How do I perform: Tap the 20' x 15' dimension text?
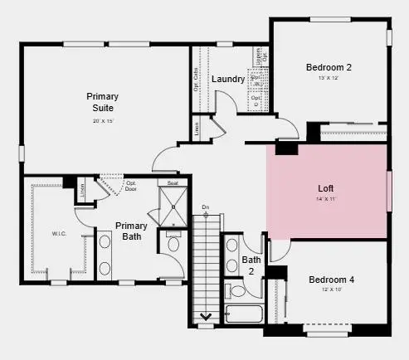tap(102, 122)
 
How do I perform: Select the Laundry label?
tap(227, 80)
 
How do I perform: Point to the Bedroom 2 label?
tap(329, 67)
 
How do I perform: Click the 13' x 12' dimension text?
tap(329, 79)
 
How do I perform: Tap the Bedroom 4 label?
tap(331, 280)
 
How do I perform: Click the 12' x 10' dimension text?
tap(331, 291)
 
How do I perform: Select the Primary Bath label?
tap(131, 231)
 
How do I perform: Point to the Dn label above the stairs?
tap(206, 207)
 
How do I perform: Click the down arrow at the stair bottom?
tap(206, 316)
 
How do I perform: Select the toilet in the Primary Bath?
tap(173, 243)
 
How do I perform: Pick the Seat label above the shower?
tap(173, 182)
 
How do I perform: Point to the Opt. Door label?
tap(130, 185)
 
